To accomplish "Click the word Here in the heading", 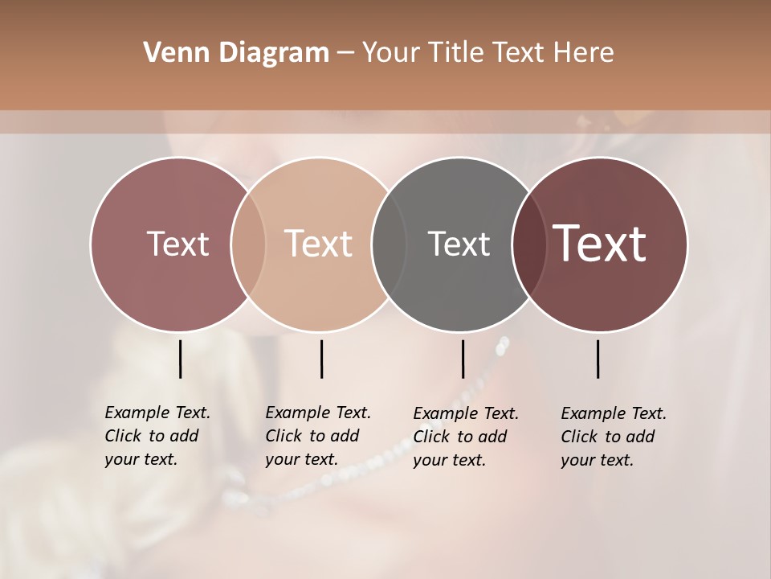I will (x=585, y=52).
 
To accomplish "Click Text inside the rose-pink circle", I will (x=177, y=244).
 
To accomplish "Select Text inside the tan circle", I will (x=319, y=244).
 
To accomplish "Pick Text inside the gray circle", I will (x=459, y=244).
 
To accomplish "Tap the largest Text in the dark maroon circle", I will (x=600, y=244).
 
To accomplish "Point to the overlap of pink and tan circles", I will (x=248, y=244).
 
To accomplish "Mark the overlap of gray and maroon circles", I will (x=529, y=244).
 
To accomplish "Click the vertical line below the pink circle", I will (x=180, y=359).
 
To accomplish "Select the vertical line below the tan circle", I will (x=321, y=359).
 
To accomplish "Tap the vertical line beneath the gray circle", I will (x=463, y=359).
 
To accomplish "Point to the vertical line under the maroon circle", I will (x=598, y=359).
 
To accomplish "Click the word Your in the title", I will (x=390, y=52).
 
